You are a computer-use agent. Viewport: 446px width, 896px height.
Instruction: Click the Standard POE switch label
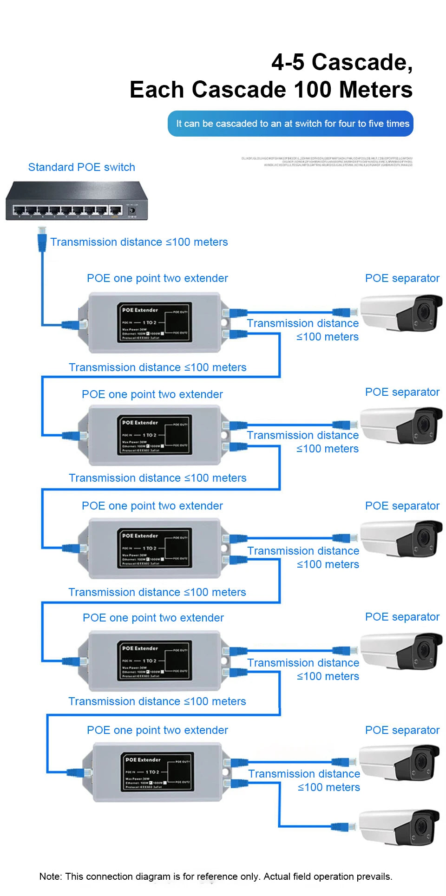coord(81,167)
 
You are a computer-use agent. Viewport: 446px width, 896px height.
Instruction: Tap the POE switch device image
coord(77,201)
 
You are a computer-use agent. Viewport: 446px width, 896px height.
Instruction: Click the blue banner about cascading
coord(290,124)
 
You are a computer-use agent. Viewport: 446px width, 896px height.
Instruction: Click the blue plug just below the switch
coord(42,240)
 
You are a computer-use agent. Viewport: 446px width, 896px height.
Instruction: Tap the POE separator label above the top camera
coord(402,278)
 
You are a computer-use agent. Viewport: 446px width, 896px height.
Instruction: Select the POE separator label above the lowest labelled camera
coord(402,730)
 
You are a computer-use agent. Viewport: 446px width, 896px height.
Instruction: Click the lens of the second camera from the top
coord(423,425)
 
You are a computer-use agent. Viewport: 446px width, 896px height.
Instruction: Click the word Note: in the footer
coord(51,876)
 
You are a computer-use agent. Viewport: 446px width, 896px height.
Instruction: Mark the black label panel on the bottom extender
coord(157,772)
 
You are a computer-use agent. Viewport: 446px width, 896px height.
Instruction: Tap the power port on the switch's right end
coord(132,210)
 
